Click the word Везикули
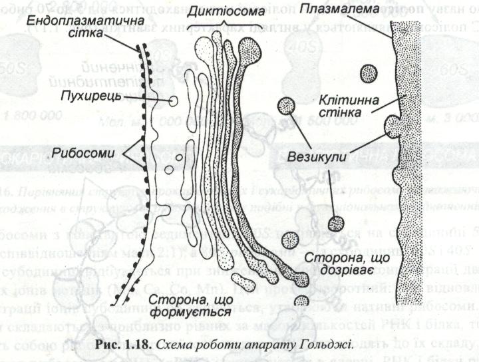coord(315,158)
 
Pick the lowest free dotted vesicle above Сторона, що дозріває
coord(337,224)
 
